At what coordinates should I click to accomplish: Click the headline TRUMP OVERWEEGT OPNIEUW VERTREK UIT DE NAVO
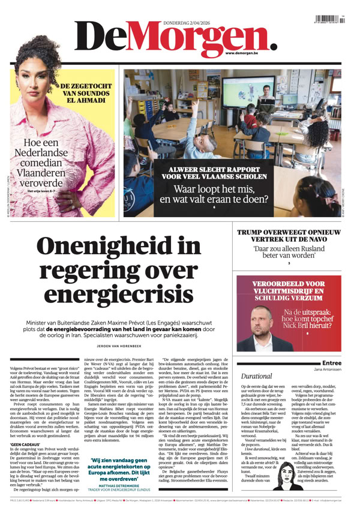tap(289, 236)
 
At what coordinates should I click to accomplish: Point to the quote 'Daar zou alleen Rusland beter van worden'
tap(289, 251)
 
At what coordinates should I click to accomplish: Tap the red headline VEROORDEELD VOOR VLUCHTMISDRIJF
tap(289, 292)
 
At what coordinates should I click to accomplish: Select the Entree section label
tap(331, 363)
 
